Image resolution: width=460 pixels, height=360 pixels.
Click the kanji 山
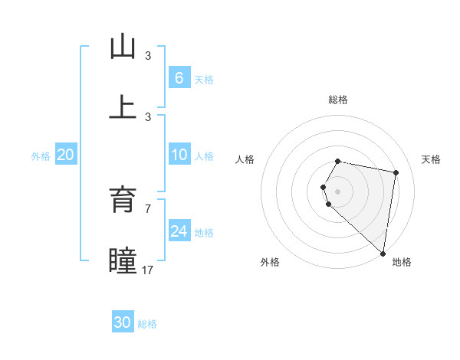(x=123, y=47)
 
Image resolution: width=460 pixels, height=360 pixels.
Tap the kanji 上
(x=123, y=107)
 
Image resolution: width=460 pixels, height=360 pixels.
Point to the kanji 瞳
(x=123, y=260)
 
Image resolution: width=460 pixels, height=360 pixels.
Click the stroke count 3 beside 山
(x=148, y=56)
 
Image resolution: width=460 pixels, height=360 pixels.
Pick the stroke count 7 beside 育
(x=148, y=208)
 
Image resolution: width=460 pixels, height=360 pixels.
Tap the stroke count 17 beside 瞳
(x=148, y=270)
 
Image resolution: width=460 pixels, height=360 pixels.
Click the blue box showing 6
(x=179, y=77)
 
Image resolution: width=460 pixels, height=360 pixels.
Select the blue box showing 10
(x=179, y=155)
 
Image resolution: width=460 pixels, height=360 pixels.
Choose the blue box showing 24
(x=179, y=231)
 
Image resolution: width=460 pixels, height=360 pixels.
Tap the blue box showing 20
(x=66, y=155)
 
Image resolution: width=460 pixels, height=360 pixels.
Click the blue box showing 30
(x=123, y=322)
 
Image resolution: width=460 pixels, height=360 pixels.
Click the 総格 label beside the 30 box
(x=147, y=324)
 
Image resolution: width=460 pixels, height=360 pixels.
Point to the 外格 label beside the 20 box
(x=41, y=155)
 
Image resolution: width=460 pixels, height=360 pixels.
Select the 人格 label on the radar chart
(x=245, y=159)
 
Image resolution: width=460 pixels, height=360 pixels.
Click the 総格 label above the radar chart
(x=337, y=100)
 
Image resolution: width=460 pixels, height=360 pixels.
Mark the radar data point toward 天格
(x=396, y=173)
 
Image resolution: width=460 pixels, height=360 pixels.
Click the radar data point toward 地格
(x=383, y=253)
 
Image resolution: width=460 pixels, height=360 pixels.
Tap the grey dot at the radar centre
(x=337, y=191)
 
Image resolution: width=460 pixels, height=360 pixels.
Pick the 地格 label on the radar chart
(x=402, y=262)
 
